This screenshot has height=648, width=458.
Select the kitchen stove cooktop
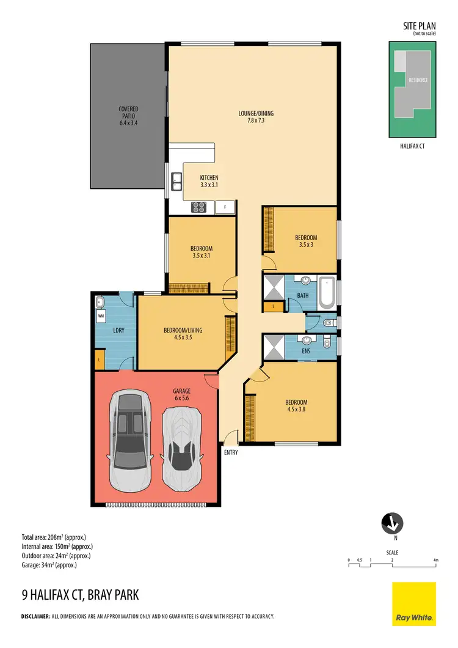(199, 207)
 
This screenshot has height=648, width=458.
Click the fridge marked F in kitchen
(225, 207)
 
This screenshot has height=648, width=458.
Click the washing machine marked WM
(101, 316)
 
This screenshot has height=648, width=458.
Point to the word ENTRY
(230, 453)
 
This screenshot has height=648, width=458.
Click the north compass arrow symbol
(391, 523)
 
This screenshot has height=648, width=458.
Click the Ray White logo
(413, 604)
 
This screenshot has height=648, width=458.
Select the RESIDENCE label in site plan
(418, 80)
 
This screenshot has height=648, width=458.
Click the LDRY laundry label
(118, 331)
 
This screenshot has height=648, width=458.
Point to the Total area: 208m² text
(56, 537)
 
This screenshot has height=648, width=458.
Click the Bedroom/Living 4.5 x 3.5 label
(183, 333)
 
